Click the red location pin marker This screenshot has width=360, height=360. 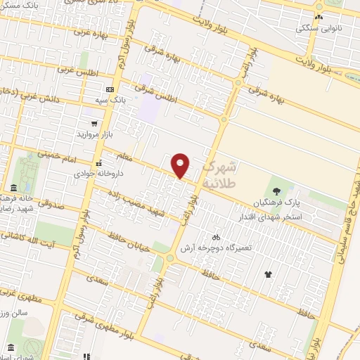[x=181, y=165]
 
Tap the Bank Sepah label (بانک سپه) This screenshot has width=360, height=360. [x=112, y=101]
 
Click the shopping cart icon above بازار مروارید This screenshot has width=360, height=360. [x=84, y=122]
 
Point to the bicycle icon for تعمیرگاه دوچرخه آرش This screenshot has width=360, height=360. [x=216, y=237]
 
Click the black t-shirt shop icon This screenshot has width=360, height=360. [x=267, y=274]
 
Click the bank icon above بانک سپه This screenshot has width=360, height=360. [x=109, y=89]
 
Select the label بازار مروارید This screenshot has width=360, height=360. [x=91, y=133]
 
